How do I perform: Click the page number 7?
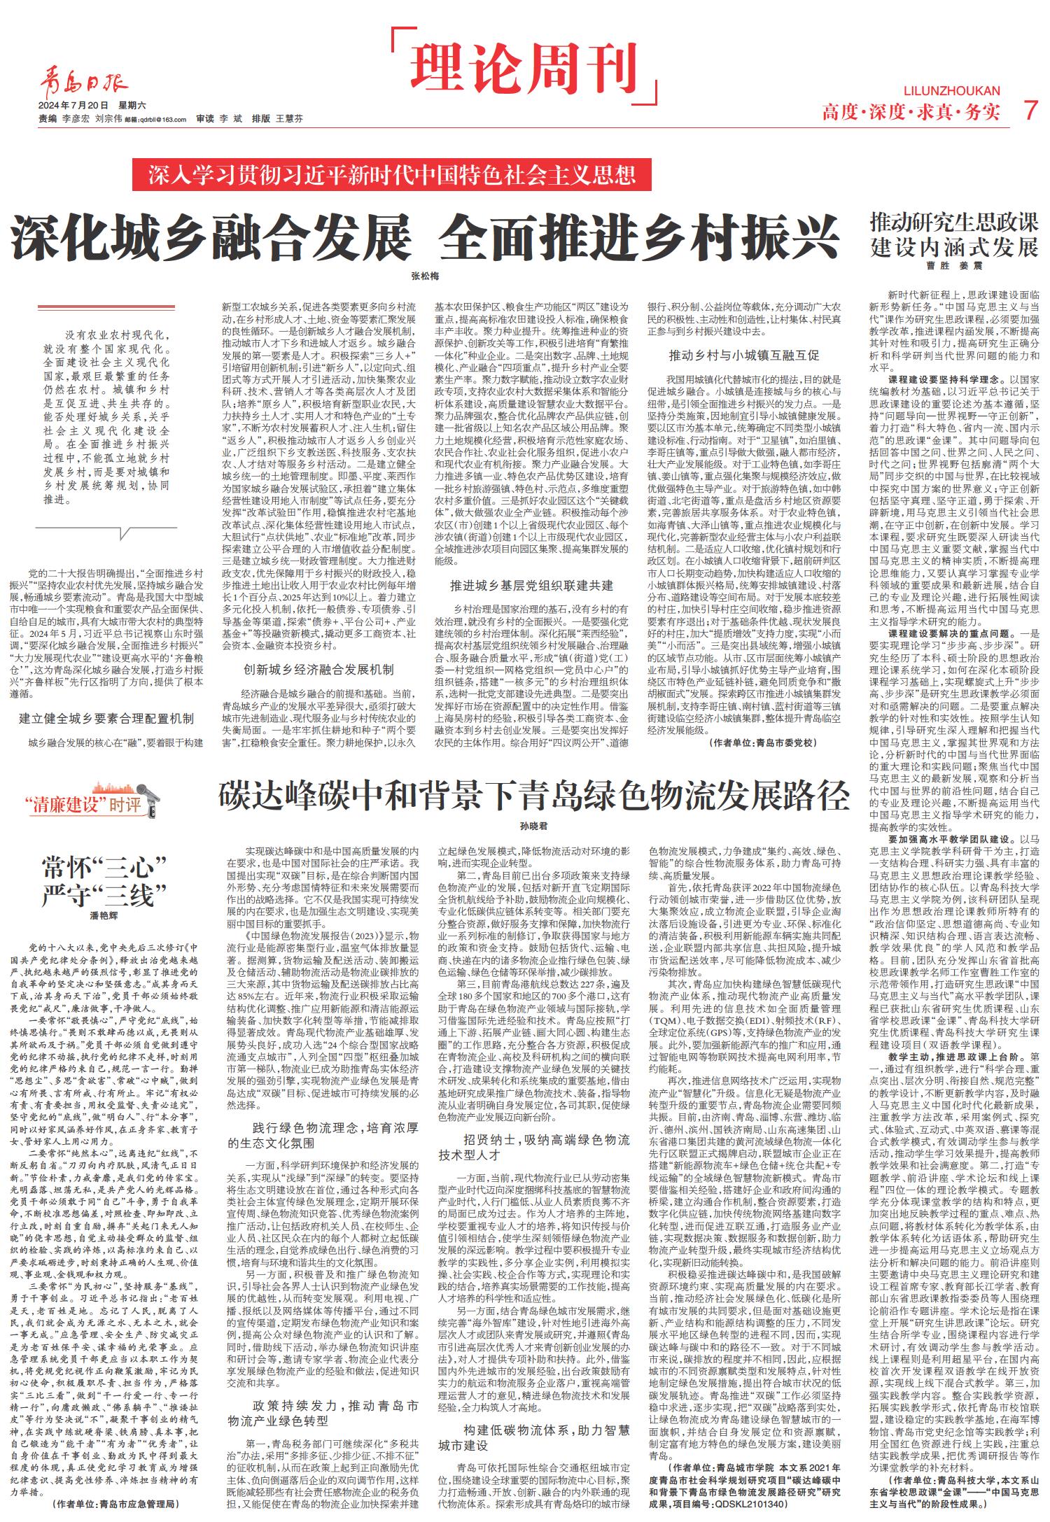[x=1028, y=111]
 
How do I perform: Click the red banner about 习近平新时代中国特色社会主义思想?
[x=391, y=174]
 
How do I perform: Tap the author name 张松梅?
[x=425, y=276]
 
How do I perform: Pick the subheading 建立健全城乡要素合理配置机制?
[x=106, y=719]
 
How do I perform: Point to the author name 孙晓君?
[x=533, y=826]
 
